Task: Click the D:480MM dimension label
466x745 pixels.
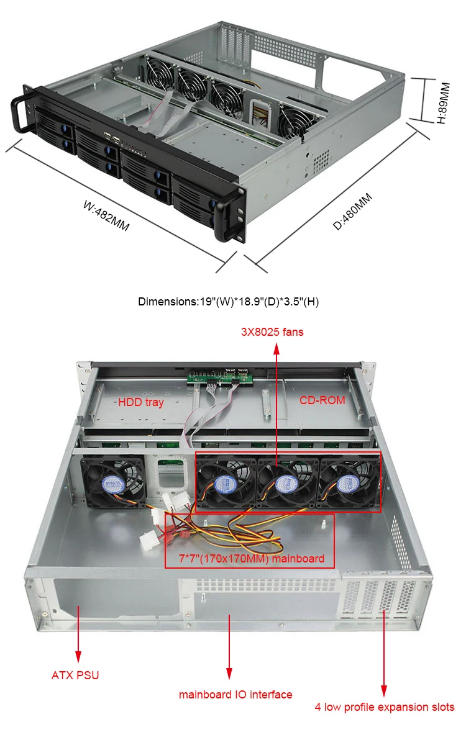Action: (352, 211)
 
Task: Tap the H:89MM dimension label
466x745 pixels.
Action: (442, 101)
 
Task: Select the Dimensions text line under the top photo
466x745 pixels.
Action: (228, 302)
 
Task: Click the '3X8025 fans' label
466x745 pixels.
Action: (272, 332)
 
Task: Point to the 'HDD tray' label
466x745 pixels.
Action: (140, 402)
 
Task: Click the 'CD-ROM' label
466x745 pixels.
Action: (322, 400)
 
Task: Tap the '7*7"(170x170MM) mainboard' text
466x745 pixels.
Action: (249, 559)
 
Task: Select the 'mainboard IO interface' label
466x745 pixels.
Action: (235, 695)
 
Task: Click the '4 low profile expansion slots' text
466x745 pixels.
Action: (383, 707)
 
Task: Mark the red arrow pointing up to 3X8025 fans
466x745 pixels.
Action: (276, 404)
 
